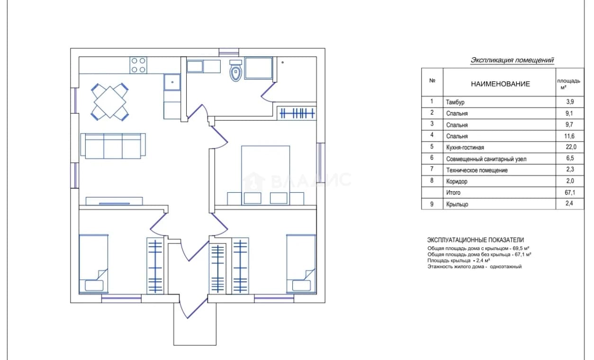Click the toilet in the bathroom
tap(236, 70)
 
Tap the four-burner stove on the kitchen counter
tap(138, 65)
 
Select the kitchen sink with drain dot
tap(172, 82)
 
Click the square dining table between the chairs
tap(110, 102)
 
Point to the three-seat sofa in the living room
tap(113, 146)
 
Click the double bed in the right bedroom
tap(265, 175)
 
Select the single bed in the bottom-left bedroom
tap(94, 264)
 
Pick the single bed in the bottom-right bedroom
tap(301, 264)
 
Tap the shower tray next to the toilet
tap(259, 68)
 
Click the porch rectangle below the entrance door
tap(195, 324)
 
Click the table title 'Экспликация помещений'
tap(512, 60)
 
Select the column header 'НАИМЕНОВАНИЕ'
tap(500, 84)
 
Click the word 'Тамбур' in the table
tap(455, 102)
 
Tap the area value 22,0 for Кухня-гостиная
tap(571, 147)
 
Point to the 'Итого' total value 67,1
tap(570, 192)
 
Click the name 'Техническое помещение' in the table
tap(477, 170)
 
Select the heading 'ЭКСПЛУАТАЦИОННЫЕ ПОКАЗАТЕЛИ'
tap(476, 240)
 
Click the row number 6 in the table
tap(432, 158)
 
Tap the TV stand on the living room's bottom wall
tap(114, 201)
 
